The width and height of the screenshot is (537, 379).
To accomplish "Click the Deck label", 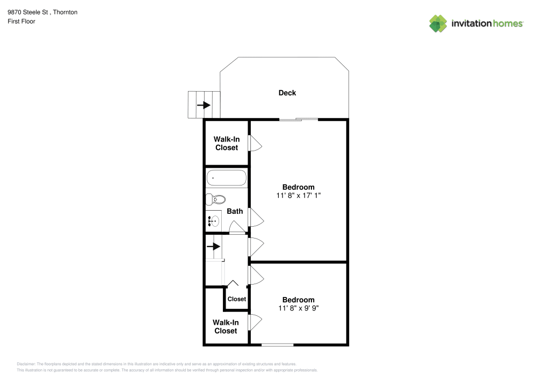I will point(287,93).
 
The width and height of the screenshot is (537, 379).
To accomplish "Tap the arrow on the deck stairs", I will point(204,105).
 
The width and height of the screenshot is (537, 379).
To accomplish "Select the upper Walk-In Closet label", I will point(226,143).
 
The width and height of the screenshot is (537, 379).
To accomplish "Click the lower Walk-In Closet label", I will point(226,326).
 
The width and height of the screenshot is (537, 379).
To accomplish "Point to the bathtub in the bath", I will point(226,177).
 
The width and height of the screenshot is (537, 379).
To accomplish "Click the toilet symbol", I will point(215,200).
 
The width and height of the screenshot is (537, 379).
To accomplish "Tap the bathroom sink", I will point(213,220).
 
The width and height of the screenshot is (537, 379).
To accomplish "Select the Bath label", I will point(235,211).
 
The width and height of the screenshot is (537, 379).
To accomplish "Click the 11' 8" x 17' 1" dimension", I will point(299,196).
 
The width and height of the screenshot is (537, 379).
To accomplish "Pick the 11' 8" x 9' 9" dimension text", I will point(299,308).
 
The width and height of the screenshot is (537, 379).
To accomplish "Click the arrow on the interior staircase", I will point(213,247).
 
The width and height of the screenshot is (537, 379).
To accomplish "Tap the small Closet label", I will point(236,299).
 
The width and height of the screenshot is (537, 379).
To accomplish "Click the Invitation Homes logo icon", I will point(438,23).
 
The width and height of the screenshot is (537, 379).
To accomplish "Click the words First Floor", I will point(21,21).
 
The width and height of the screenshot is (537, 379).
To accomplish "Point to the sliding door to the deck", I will point(298,119).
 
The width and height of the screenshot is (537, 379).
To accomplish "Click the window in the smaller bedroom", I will point(277,345).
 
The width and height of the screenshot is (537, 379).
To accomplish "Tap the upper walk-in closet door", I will point(255,143).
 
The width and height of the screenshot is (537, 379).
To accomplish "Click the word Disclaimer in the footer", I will point(26,363).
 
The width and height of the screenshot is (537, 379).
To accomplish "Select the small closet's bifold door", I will point(234,284).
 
